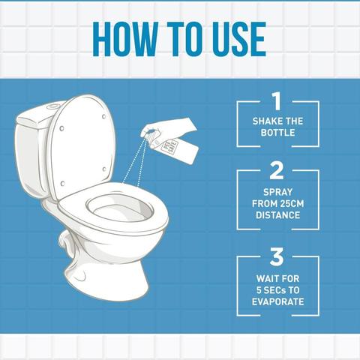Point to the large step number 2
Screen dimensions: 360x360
coord(277,172)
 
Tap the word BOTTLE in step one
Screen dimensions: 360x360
coord(277,136)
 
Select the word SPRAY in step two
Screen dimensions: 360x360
coord(277,192)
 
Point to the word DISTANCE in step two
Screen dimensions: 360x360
coord(277,216)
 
